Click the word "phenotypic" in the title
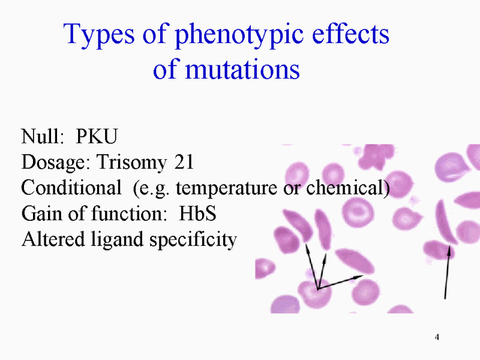239,36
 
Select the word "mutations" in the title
242,69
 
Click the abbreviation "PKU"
97,136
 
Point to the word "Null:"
43,136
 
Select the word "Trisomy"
131,163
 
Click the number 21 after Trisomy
184,161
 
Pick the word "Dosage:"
56,163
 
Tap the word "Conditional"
71,187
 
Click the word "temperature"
227,188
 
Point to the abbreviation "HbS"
197,213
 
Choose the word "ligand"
117,240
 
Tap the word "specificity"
193,240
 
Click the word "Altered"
53,239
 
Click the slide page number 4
437,337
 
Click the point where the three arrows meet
318,289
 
